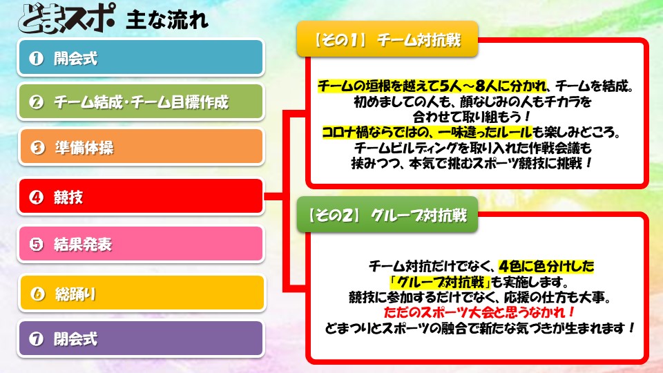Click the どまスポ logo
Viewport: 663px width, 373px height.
pos(66,18)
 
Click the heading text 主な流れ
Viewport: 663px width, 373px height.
pos(167,20)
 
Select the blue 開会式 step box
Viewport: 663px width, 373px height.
pos(141,57)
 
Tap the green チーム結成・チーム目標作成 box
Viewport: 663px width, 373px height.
pos(141,102)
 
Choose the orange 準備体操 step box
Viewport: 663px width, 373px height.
pos(142,146)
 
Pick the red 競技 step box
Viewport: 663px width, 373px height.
pos(141,197)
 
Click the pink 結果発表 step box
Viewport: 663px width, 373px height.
pos(141,244)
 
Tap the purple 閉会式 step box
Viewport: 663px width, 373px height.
pos(141,338)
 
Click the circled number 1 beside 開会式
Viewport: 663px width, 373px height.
pos(37,58)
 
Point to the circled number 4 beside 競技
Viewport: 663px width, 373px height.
pos(37,197)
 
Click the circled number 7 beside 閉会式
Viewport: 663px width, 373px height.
pos(37,338)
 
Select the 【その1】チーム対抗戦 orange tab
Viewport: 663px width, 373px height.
pos(387,39)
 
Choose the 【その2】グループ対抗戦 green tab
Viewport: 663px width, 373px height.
pos(387,215)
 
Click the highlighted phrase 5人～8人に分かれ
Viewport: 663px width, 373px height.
pos(492,86)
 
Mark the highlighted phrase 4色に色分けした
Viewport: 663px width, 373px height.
pos(546,266)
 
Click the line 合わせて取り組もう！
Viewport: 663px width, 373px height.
pos(472,117)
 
